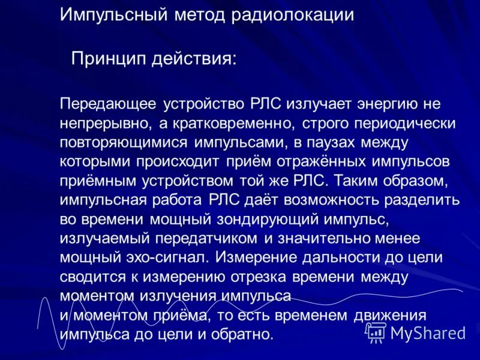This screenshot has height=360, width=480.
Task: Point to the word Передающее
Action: click(108, 104)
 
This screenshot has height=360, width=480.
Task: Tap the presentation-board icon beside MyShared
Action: click(377, 332)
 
